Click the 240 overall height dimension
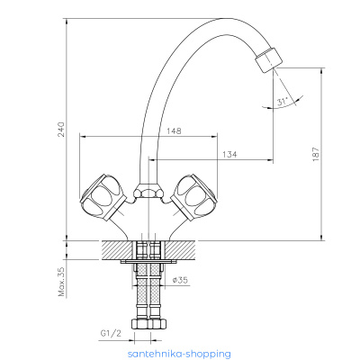click(x=61, y=130)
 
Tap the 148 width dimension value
click(x=174, y=131)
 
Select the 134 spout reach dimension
click(x=229, y=155)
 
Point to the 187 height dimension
click(x=315, y=155)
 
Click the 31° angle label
click(x=283, y=101)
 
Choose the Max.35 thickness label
click(x=61, y=282)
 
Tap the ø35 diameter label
click(x=180, y=280)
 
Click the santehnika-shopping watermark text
click(x=179, y=354)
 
